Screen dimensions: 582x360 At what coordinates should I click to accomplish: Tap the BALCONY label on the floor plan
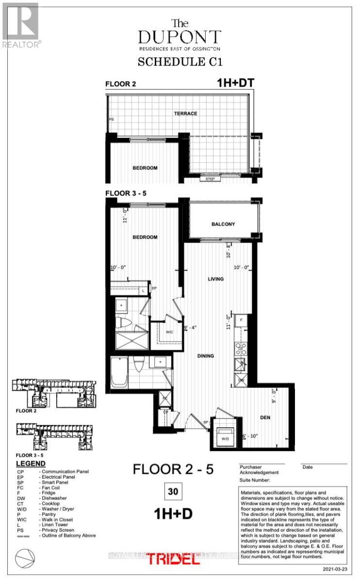pos(223,224)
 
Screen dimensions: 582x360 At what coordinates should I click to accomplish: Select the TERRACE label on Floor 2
pos(186,113)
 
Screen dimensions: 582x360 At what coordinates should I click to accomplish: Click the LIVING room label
pos(215,279)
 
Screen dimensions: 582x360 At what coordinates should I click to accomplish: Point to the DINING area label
pos(205,356)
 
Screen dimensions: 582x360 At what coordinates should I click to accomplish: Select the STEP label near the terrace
pos(211,178)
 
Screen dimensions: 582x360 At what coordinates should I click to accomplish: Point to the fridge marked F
pos(241,321)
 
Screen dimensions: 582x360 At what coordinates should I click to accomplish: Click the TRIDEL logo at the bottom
pos(173,558)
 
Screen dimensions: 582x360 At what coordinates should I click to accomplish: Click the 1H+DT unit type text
pos(235,83)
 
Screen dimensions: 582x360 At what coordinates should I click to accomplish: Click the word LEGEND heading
pos(31,464)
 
